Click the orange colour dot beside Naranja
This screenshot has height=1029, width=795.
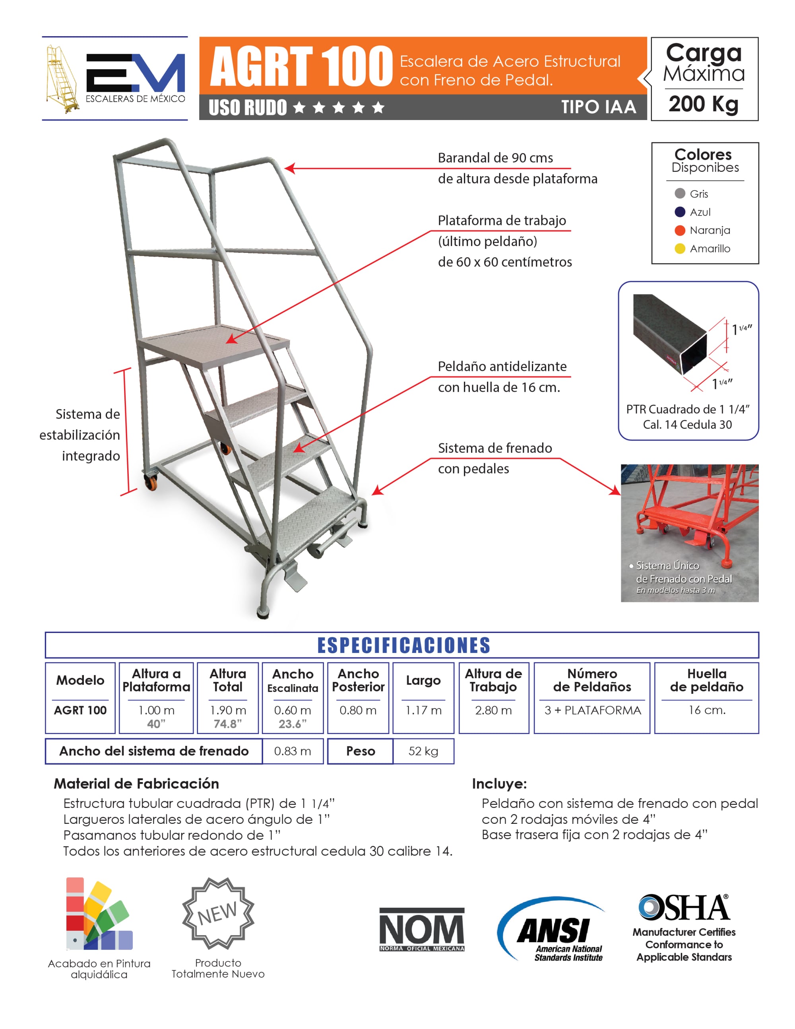pos(679,230)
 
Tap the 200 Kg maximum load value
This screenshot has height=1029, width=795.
pos(703,104)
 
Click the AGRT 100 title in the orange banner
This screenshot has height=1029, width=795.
pos(301,66)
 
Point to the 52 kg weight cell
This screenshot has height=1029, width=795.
pos(423,751)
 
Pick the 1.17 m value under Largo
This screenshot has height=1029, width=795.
pos(423,710)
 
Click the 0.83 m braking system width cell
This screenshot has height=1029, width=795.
pos(293,751)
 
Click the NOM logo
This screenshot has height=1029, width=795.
pos(421,929)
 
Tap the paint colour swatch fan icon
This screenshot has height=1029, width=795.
pos(98,914)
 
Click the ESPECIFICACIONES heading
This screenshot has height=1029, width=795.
pos(403,645)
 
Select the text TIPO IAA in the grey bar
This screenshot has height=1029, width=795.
pos(598,107)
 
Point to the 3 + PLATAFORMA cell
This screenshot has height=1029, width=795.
pos(592,710)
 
